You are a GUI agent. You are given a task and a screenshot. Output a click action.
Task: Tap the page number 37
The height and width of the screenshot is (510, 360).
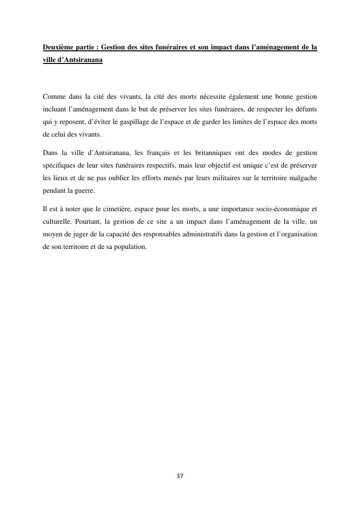180,476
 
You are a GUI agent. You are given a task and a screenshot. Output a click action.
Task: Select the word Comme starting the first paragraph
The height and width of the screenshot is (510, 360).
53,96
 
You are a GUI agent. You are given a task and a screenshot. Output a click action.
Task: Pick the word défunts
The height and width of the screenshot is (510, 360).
306,109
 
